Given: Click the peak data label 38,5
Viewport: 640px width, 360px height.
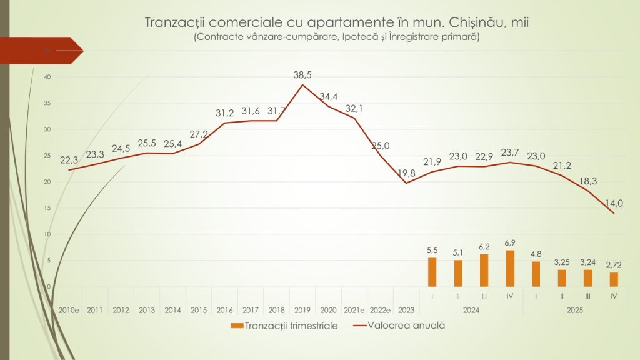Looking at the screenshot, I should (x=302, y=75).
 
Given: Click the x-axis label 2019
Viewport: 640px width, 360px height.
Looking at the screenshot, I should (x=302, y=310).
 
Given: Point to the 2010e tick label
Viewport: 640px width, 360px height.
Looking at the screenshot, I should (x=69, y=310).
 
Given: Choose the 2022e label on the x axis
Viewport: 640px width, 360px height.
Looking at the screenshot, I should (x=380, y=310).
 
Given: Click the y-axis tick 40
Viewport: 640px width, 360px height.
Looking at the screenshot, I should (x=47, y=77).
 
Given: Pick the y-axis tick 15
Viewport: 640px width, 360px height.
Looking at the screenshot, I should (x=47, y=208).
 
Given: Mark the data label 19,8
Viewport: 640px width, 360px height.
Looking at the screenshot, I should (x=407, y=173).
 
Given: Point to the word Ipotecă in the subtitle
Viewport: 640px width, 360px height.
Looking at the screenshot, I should (x=364, y=37).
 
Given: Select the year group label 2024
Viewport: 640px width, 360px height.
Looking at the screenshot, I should (x=471, y=310).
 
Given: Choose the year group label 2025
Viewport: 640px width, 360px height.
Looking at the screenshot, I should (x=574, y=310).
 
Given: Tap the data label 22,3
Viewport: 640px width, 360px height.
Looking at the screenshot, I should (x=69, y=160).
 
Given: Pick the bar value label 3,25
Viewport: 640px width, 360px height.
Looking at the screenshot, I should (x=561, y=262).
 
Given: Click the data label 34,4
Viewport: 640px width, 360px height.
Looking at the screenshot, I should (x=329, y=97).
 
